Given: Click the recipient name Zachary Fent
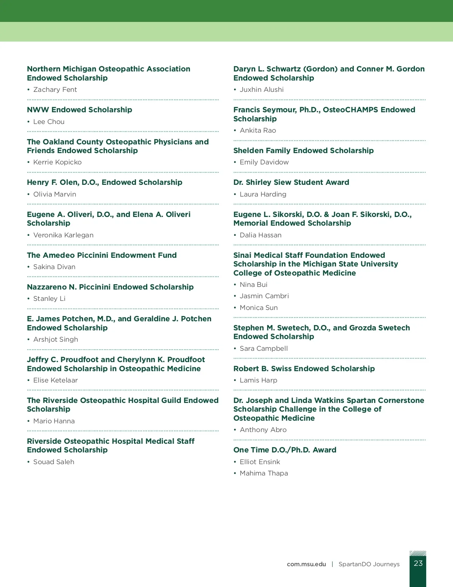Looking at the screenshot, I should point(55,90).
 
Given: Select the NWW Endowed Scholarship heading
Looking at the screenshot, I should point(79,110).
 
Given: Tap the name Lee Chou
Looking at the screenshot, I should point(49,122).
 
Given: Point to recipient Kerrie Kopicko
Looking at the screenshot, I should point(57,162).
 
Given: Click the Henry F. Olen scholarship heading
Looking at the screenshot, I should point(105,182).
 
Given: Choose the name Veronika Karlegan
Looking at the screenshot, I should point(63,235).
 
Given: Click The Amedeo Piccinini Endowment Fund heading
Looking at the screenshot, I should point(102,255).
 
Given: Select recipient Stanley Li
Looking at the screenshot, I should point(49,299).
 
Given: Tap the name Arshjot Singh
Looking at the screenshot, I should point(56,339).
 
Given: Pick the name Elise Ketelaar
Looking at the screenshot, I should point(55,380).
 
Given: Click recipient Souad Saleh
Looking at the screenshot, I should point(54,462).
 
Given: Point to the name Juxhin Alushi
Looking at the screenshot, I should point(262,90).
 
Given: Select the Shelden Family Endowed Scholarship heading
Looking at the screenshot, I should point(304,150).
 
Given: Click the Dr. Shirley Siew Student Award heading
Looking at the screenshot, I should point(291,182).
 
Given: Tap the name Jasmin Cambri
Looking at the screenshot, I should point(264,296).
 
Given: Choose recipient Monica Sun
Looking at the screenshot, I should point(259,308).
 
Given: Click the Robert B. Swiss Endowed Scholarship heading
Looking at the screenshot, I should point(304,369).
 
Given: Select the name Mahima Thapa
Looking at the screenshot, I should point(264,473).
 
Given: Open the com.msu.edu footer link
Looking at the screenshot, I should point(306,564).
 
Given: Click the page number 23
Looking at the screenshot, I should point(418,563).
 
